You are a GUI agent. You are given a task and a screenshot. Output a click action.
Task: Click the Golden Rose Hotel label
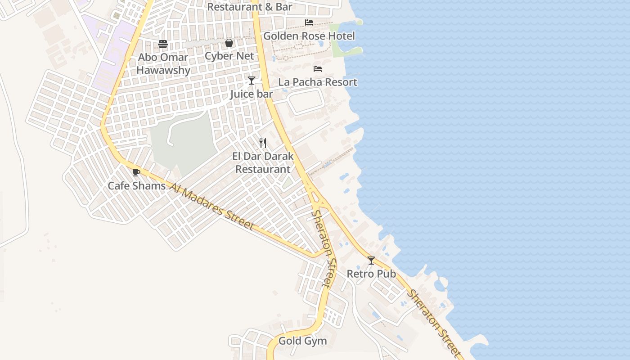309,36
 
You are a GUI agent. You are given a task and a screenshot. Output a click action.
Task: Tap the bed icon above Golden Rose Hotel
309,22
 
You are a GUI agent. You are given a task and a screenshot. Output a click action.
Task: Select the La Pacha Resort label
318,82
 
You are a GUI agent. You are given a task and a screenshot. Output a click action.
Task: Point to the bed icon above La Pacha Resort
318,69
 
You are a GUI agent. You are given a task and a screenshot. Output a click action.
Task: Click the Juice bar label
252,94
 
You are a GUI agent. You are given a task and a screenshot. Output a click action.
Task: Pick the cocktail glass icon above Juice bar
252,81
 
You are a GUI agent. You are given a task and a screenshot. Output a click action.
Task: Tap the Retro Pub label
371,274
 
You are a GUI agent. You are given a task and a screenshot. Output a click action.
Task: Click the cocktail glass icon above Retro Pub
371,261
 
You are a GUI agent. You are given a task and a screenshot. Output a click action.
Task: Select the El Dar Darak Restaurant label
263,163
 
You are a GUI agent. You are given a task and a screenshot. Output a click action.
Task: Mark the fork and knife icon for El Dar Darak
263,143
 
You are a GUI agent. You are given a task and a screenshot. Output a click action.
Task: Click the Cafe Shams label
136,185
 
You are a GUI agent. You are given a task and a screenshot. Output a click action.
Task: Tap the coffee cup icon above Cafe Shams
136,172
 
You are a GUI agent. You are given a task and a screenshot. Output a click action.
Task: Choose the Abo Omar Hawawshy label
163,64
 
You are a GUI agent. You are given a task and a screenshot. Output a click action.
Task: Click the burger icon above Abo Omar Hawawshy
163,44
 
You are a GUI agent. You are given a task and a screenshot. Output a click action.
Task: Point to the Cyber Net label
229,56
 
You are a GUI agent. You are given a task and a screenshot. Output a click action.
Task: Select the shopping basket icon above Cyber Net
229,43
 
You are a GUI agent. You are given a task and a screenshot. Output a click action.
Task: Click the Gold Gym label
302,341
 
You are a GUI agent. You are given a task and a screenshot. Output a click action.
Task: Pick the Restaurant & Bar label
250,7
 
